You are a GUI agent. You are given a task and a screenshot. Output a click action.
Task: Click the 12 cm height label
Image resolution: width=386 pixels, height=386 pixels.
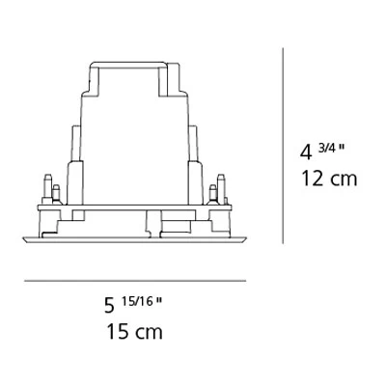click(x=329, y=179)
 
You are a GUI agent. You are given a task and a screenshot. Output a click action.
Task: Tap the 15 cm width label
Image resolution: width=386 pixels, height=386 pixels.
click(x=134, y=332)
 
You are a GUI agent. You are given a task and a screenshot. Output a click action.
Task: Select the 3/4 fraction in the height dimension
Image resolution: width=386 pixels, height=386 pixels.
click(x=327, y=148)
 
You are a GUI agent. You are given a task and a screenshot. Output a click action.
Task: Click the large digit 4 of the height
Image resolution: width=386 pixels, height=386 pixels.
click(x=306, y=152)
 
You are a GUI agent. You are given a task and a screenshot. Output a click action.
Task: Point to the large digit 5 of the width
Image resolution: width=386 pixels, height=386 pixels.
click(x=110, y=305)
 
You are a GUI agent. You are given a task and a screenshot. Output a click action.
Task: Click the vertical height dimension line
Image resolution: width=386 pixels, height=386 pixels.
click(x=283, y=146)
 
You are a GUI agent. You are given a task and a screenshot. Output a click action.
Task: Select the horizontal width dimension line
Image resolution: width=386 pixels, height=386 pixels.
click(x=135, y=281)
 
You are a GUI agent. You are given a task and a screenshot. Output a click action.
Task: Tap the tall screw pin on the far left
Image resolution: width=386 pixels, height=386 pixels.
click(x=47, y=189)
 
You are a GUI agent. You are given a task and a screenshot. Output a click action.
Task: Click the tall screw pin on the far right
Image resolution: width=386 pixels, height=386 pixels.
click(x=221, y=189)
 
